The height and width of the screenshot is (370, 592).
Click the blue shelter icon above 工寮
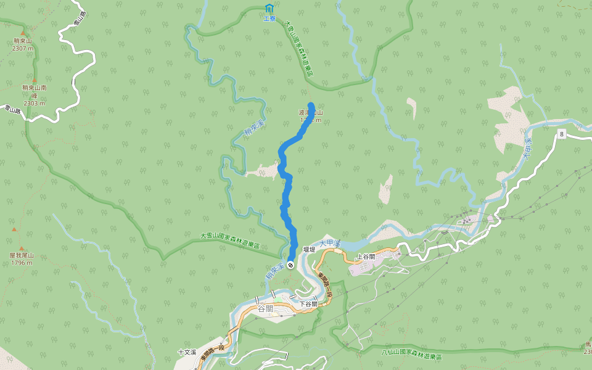point(269,8)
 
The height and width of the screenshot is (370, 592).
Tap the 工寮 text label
point(269,18)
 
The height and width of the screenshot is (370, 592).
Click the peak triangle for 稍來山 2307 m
point(23,33)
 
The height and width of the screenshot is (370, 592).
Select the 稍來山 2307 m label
point(23,44)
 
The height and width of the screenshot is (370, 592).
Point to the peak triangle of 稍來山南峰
point(35,80)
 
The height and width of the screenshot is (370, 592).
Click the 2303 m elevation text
point(35,103)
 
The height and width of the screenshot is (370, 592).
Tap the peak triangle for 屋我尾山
point(14,230)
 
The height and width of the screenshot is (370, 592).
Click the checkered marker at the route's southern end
point(290,256)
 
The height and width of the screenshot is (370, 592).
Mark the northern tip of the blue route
point(311,105)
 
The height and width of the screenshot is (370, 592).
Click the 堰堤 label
point(310,250)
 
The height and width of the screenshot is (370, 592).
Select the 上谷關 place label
point(366,257)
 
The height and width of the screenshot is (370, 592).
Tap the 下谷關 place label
point(308,304)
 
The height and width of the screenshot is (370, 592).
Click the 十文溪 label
point(187,352)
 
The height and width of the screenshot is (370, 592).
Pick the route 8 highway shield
point(562,134)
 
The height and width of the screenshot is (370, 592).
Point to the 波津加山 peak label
point(311,113)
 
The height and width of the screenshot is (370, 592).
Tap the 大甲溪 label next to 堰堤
point(330,244)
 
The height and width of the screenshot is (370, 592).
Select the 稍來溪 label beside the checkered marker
point(274,271)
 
